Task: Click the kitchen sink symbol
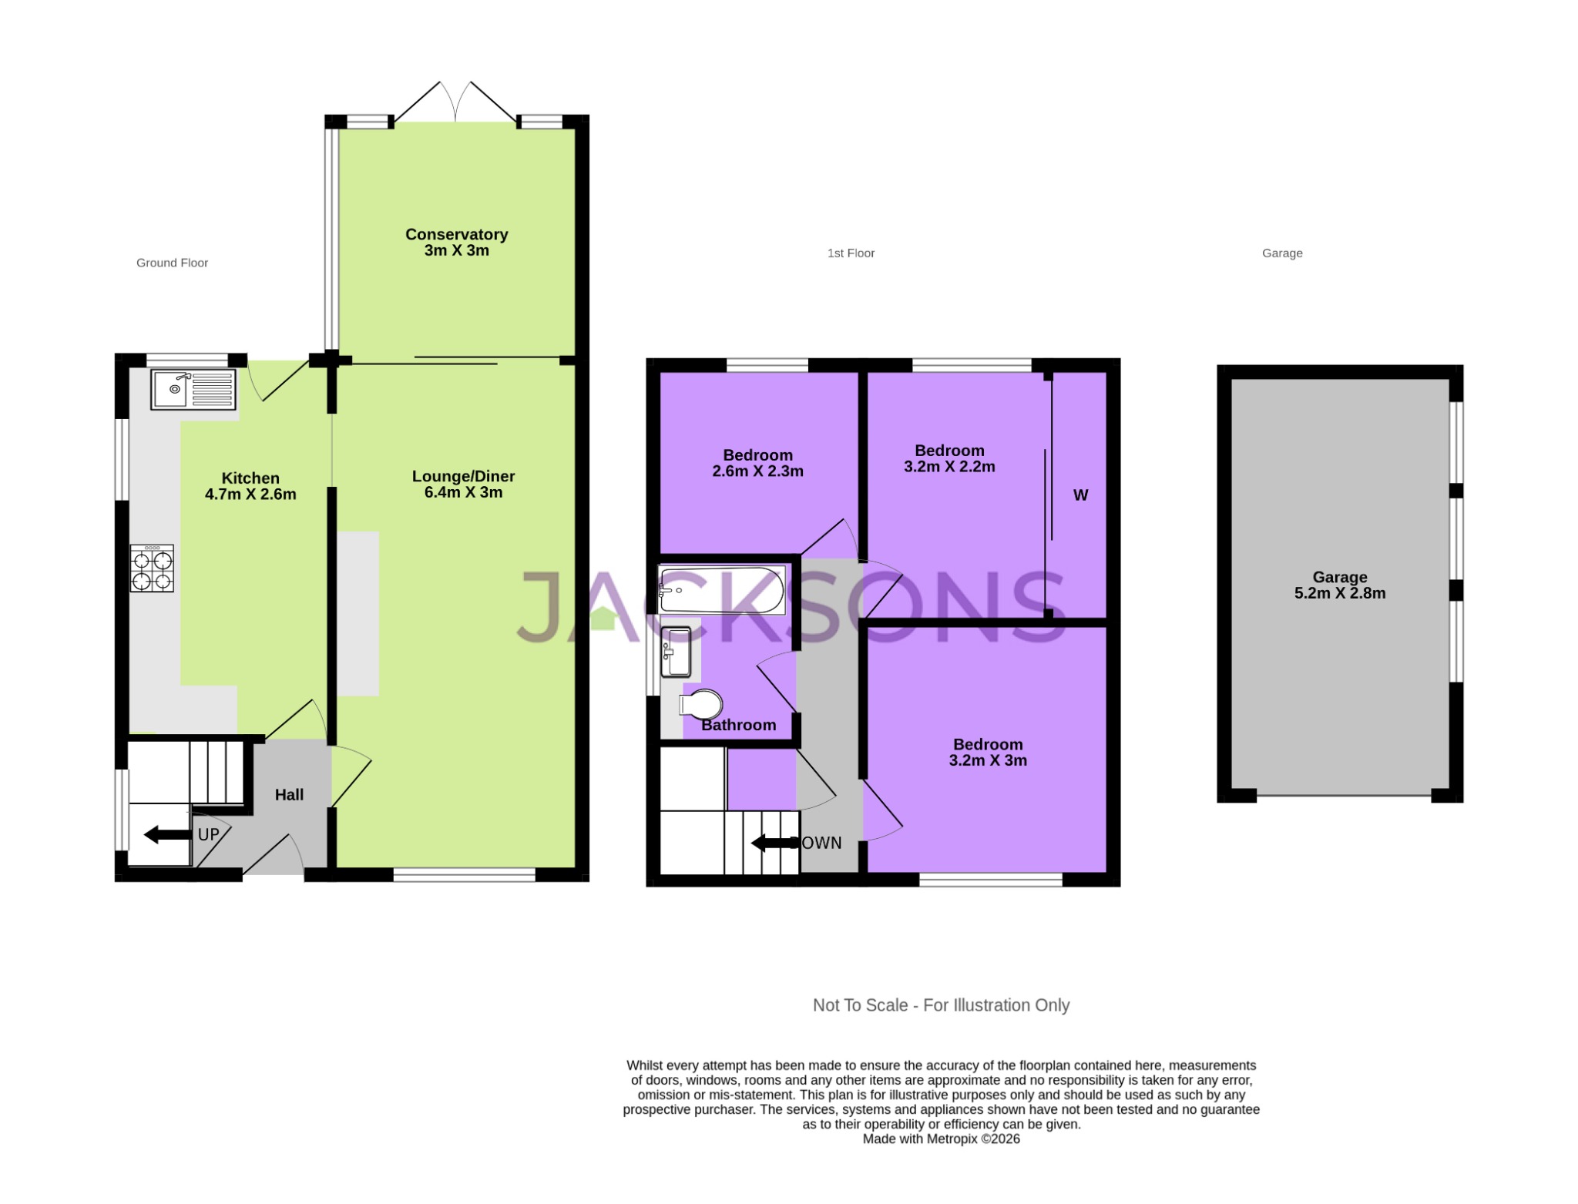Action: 193,389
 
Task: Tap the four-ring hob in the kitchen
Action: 152,568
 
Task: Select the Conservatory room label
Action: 456,242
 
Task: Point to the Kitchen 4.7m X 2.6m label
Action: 250,486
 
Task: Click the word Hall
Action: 289,795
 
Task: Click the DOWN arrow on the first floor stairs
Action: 774,843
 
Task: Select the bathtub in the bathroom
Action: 722,591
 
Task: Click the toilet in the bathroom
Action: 700,704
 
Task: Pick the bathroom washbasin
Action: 676,652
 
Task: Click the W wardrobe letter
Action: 1080,495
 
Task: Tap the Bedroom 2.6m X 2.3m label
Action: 757,463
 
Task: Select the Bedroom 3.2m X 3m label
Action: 988,752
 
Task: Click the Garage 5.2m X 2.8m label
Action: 1339,585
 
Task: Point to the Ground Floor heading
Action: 172,263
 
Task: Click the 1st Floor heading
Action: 851,253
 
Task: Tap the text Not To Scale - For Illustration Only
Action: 941,1005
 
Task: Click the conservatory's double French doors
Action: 455,102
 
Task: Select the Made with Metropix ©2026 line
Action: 941,1139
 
